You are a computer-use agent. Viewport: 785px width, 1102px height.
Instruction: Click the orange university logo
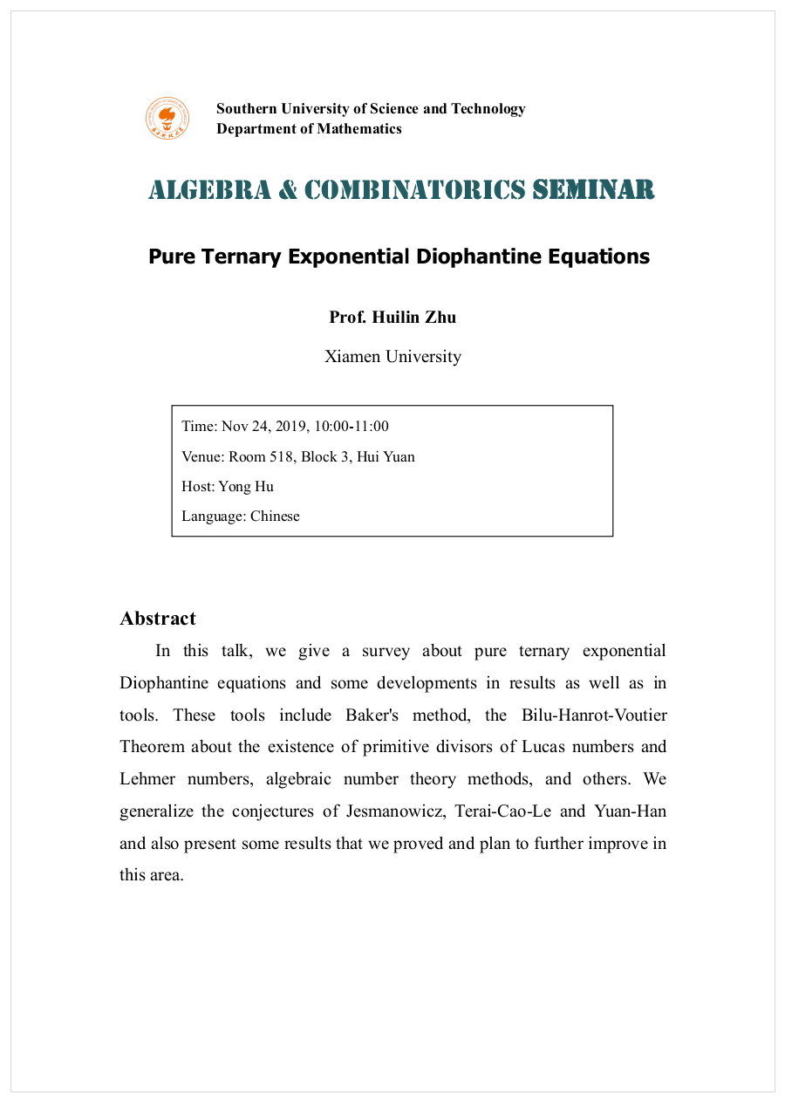click(x=167, y=118)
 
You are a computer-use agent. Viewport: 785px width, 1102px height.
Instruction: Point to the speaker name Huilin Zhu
click(x=414, y=317)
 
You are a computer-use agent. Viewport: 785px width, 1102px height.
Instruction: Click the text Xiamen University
click(x=392, y=356)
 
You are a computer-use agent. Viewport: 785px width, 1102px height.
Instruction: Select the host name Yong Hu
click(x=246, y=486)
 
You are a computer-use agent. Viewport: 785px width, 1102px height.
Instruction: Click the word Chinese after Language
click(x=275, y=516)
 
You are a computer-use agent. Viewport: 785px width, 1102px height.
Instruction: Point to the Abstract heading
click(x=158, y=619)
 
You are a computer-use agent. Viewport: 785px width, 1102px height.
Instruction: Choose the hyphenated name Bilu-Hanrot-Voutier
click(x=594, y=715)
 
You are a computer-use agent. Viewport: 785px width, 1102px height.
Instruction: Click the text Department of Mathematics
click(x=309, y=129)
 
